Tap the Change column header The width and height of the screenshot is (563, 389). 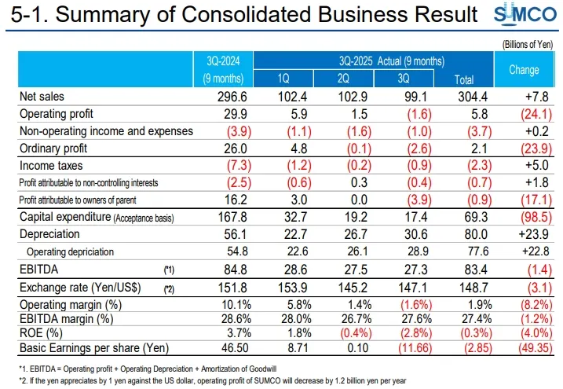[x=523, y=70]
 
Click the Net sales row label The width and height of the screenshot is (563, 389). [x=42, y=95]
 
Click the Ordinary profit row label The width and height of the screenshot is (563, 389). [x=52, y=148]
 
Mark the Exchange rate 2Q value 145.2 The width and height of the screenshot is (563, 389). [x=343, y=288]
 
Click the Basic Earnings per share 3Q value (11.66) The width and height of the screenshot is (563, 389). [x=404, y=347]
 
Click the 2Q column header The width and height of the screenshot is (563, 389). [x=343, y=79]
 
